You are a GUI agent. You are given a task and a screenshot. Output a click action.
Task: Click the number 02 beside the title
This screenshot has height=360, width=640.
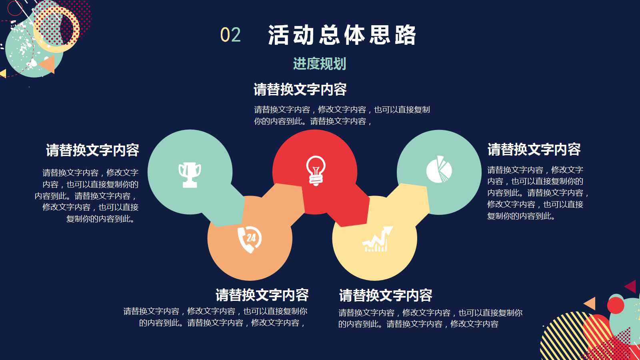[230, 35]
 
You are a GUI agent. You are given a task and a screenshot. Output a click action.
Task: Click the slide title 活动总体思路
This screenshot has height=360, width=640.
[342, 35]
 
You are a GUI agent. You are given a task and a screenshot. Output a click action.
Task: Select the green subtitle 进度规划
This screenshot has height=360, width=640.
[319, 64]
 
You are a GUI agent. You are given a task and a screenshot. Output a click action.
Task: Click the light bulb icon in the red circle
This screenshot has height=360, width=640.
[316, 170]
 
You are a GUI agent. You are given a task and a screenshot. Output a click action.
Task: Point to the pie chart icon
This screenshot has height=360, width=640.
[439, 170]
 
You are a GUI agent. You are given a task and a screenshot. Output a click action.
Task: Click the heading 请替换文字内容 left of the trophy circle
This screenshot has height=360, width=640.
[92, 150]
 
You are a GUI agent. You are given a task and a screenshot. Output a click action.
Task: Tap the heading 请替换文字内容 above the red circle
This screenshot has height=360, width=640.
[300, 90]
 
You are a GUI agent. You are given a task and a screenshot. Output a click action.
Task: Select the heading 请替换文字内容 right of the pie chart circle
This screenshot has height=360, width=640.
[534, 150]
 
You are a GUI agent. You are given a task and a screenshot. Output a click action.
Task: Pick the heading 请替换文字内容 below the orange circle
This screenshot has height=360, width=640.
[262, 295]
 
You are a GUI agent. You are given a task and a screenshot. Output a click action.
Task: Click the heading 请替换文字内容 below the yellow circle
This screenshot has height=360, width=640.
[386, 296]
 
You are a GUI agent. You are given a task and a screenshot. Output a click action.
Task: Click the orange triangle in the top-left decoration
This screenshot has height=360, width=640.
[48, 64]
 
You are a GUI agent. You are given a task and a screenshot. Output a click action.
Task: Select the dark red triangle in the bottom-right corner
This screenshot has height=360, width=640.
[631, 286]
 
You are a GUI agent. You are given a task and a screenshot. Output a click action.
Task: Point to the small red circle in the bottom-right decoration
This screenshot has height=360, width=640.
[616, 306]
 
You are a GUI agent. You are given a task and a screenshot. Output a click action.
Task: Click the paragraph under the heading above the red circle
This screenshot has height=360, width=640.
[342, 115]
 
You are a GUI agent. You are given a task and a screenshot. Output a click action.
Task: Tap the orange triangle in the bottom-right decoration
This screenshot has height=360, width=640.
[591, 304]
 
